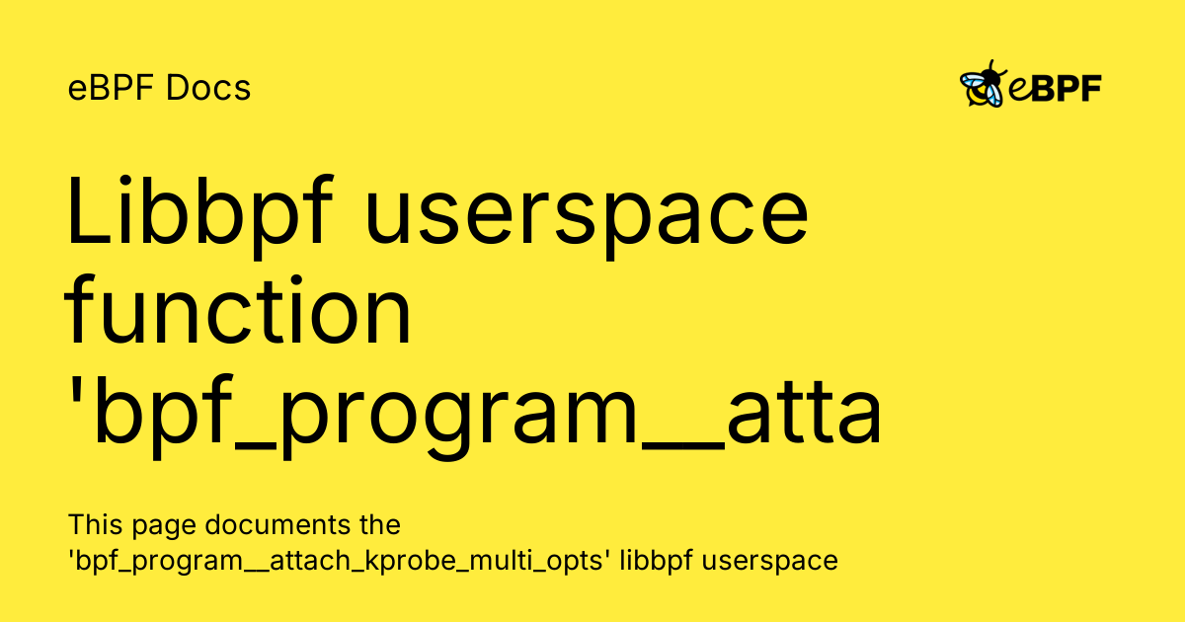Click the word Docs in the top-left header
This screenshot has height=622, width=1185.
pos(209,89)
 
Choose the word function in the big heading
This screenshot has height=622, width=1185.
pos(238,313)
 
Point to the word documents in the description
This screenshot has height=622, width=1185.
pos(261,524)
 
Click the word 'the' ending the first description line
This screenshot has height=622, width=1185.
pos(378,524)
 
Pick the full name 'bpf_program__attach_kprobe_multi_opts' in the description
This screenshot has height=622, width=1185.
pos(341,562)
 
